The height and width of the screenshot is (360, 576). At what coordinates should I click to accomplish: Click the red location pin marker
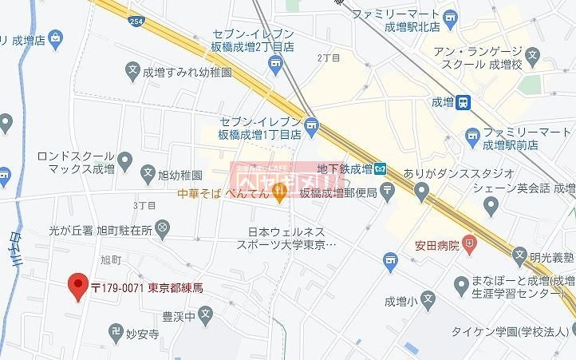[x=77, y=285]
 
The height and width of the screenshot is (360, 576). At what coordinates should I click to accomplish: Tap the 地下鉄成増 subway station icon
[x=381, y=168]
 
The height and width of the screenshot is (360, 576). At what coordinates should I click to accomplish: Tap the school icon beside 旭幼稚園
[x=148, y=172]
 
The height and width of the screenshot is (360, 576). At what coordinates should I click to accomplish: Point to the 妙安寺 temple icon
[x=116, y=330]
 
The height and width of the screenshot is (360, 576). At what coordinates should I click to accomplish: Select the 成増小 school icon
[x=428, y=302]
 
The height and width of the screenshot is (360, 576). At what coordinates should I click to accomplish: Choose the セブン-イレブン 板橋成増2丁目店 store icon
[x=277, y=63]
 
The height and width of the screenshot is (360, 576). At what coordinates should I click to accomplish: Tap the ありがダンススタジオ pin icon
[x=421, y=189]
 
